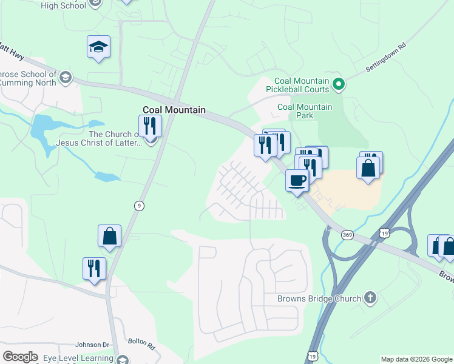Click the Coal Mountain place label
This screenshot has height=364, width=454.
pyautogui.click(x=174, y=110)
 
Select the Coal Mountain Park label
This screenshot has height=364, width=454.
pyautogui.click(x=305, y=111)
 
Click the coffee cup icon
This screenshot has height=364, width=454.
pyautogui.click(x=297, y=181)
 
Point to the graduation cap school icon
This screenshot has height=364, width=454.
pyautogui.click(x=98, y=47)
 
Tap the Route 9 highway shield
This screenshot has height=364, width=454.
pyautogui.click(x=139, y=206)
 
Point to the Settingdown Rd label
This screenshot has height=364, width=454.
pyautogui.click(x=385, y=58)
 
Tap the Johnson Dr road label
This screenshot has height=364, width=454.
pyautogui.click(x=92, y=345)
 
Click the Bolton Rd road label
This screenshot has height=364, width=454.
pyautogui.click(x=142, y=343)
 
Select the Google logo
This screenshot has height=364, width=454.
pyautogui.click(x=20, y=357)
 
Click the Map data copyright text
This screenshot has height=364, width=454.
pyautogui.click(x=416, y=359)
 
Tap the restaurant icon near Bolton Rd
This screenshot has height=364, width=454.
pyautogui.click(x=94, y=268)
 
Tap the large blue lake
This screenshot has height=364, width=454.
pyautogui.click(x=41, y=129)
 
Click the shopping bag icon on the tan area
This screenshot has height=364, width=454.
pyautogui.click(x=368, y=167)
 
